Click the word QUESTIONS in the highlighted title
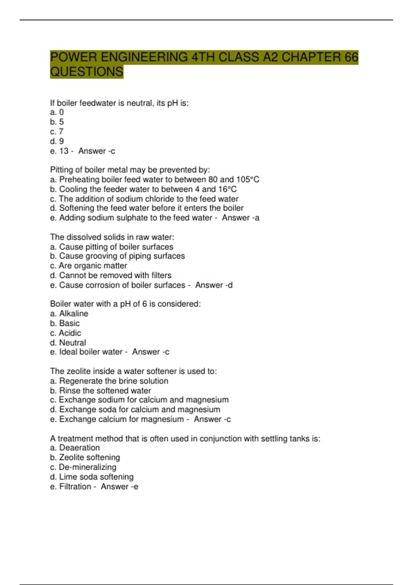(86, 72)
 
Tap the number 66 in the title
(351, 57)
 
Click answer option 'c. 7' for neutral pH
(57, 131)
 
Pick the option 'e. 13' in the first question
(59, 151)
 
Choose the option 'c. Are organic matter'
(88, 266)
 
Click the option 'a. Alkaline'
(69, 313)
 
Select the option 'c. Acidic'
(66, 333)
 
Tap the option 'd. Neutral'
(68, 342)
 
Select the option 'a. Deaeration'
(75, 448)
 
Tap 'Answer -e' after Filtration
(119, 487)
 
